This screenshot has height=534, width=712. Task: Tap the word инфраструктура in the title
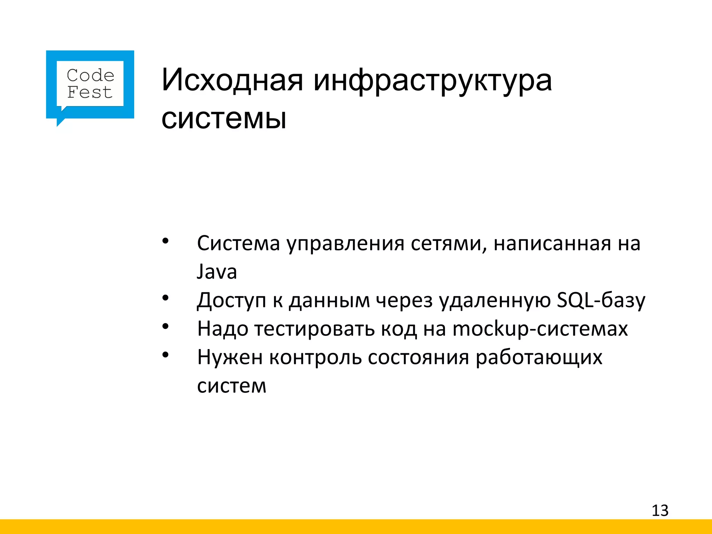432,81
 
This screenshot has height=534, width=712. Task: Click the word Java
217,272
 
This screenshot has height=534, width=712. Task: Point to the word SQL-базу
601,300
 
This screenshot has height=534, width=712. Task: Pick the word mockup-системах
540,329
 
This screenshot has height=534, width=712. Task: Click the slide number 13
660,510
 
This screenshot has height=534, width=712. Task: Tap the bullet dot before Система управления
165,241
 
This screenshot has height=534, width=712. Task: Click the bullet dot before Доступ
165,298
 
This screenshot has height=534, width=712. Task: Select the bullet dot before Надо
165,326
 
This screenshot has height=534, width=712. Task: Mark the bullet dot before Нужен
165,355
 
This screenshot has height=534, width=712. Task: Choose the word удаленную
495,300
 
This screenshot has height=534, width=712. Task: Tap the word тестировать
315,329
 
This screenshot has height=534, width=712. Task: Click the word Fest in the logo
90,92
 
